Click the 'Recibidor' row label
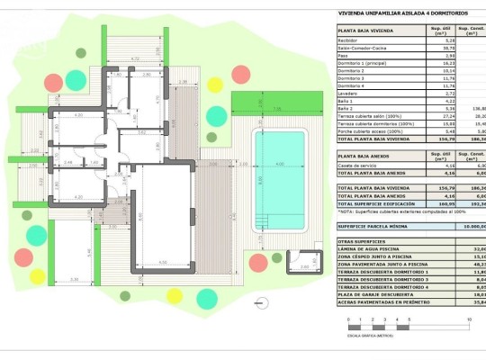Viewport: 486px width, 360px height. [349, 40]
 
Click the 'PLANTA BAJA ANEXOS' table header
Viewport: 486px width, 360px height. [363, 156]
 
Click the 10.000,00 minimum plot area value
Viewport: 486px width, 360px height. [468, 225]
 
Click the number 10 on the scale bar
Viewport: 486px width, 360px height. [470, 319]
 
